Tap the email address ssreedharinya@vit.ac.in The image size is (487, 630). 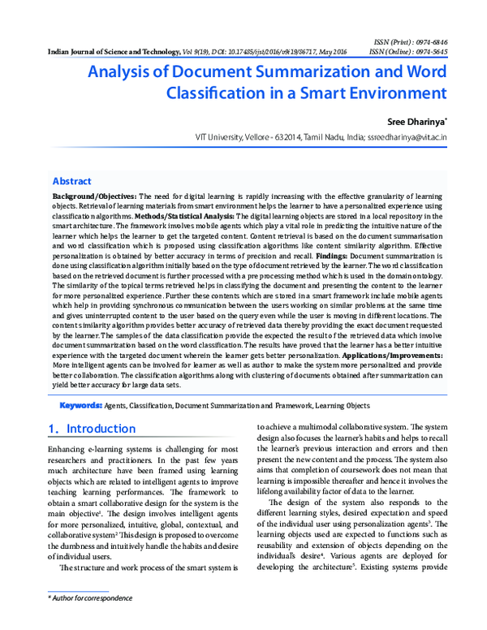pyautogui.click(x=403, y=138)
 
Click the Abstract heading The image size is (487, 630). pyautogui.click(x=71, y=181)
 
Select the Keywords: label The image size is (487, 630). pyautogui.click(x=92, y=404)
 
